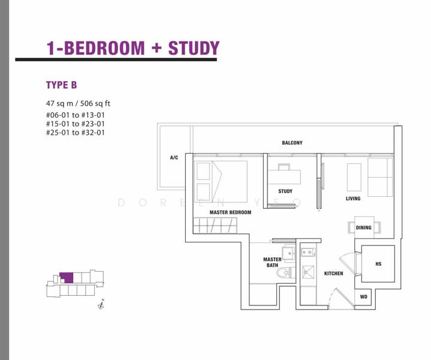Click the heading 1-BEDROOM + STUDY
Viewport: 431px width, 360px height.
coord(133,48)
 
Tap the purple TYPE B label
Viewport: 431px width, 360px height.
coord(61,85)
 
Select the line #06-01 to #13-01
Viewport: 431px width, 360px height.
coord(75,115)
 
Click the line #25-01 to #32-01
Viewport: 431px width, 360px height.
coord(75,133)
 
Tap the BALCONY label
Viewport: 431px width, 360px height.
coord(292,143)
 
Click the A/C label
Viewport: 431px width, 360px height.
coord(174,158)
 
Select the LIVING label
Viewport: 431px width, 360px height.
coord(353,199)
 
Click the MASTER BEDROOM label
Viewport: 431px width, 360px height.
coord(230,212)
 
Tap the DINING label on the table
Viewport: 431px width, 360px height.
coord(363,227)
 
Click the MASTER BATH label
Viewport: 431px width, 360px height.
coord(272,262)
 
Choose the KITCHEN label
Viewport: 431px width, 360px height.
coord(334,274)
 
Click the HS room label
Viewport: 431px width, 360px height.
coord(378,263)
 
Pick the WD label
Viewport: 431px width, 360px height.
coord(364,297)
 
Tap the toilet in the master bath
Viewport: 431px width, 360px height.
coord(284,274)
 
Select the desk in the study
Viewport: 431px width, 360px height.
coord(284,176)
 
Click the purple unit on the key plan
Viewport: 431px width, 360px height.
coord(66,278)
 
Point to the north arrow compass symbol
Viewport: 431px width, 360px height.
coord(102,305)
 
